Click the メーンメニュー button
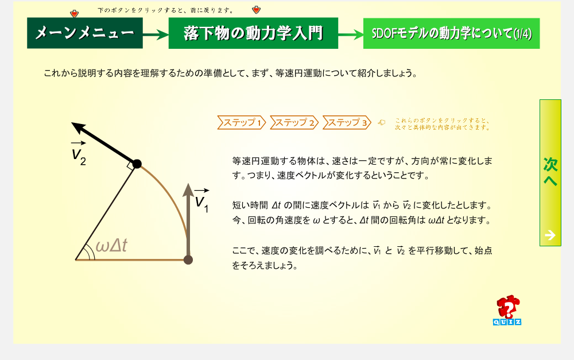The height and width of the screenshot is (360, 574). point(85,33)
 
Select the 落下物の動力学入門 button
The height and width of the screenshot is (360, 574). point(253,33)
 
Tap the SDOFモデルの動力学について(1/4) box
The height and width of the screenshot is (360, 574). point(451,33)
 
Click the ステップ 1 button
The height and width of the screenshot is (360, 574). point(242,123)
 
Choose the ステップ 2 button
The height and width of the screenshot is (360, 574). point(294,123)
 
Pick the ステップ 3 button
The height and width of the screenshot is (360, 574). point(347,123)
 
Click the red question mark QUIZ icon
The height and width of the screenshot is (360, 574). point(507,310)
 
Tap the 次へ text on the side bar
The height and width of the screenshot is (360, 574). point(550,172)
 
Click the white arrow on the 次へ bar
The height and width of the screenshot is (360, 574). point(550,235)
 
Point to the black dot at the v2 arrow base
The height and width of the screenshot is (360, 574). point(137,164)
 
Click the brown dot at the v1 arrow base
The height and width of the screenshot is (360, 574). point(188,260)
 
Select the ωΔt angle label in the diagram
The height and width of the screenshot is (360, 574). point(111,246)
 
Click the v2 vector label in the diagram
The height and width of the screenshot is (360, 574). point(79,153)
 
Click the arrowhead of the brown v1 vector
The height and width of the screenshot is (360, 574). point(188,190)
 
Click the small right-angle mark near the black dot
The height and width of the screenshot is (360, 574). point(130,165)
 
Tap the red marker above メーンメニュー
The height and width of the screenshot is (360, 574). point(74,14)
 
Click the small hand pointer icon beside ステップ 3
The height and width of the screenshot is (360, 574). point(382,122)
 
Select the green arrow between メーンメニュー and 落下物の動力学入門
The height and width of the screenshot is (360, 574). point(156,35)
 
